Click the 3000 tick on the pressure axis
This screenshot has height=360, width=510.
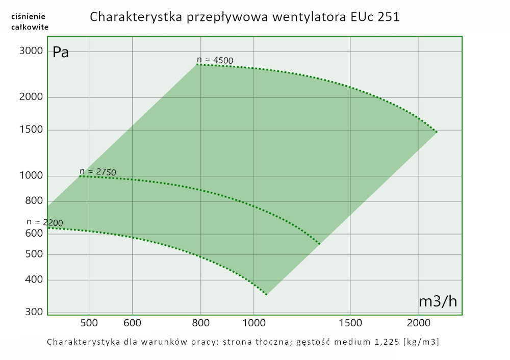[x=31, y=51]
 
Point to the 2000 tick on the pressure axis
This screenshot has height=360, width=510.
[x=31, y=97]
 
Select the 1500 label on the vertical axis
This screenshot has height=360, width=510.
[x=31, y=130]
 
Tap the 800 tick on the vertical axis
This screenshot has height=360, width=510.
[x=34, y=201]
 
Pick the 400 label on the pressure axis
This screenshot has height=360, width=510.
[x=34, y=280]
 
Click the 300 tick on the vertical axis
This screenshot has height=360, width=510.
[x=34, y=312]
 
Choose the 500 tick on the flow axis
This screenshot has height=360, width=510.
[x=89, y=322]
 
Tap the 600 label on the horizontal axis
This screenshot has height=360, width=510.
[x=133, y=322]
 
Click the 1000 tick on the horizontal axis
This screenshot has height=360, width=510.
[x=255, y=322]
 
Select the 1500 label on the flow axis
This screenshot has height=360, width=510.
[x=350, y=322]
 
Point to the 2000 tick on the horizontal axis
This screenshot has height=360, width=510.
[x=419, y=322]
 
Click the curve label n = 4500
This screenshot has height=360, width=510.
[x=215, y=60]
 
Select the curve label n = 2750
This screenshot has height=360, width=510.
[x=98, y=172]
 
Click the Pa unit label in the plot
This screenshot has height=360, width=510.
[x=61, y=53]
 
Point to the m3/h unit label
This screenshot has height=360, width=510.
[x=438, y=301]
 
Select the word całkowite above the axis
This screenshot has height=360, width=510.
[x=30, y=27]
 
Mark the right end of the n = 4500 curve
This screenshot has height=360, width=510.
[x=437, y=132]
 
